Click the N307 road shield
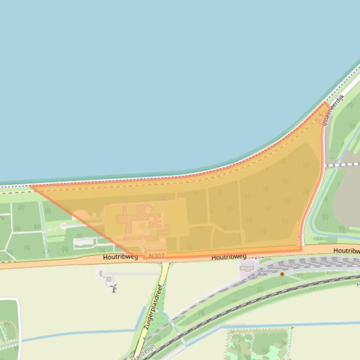pos(156,256)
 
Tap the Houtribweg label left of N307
pos(121,257)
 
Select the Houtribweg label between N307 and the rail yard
pos(229,257)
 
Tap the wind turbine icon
pos(113,288)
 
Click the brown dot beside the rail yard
pos(282,274)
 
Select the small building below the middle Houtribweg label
pos(246,268)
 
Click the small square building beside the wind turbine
pos(109,279)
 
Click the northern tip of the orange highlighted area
pos(326,103)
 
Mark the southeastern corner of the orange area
pos(302,246)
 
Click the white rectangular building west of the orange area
pos(84,242)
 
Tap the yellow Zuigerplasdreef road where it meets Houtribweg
pos(165,265)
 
